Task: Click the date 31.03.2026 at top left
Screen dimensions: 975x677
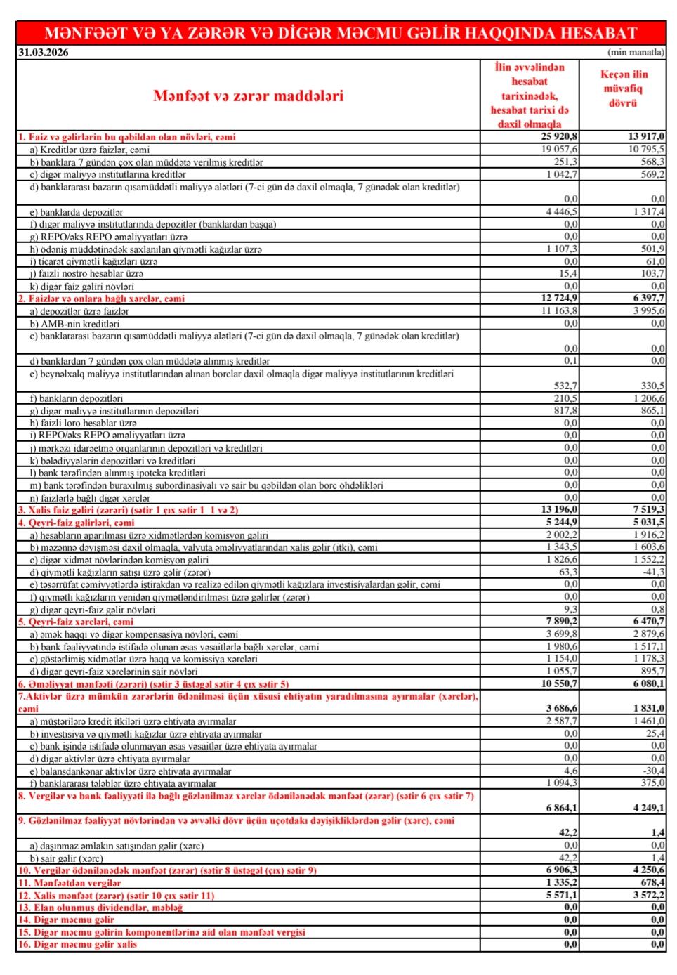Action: (44, 53)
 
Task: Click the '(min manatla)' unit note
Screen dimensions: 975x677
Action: (636, 53)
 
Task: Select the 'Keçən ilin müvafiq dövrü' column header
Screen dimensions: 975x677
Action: (624, 89)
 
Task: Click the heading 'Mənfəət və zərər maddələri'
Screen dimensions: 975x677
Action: (248, 96)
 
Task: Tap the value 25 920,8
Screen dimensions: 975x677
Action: (560, 137)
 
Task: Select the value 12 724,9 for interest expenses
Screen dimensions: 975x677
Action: (560, 299)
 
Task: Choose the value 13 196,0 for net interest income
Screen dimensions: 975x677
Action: (560, 510)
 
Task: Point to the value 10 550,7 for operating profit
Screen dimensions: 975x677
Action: (560, 683)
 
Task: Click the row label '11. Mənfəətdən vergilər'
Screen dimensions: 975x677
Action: (70, 883)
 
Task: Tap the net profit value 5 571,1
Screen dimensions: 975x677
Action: (562, 896)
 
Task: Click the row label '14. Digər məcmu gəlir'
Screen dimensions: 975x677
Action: (66, 920)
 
